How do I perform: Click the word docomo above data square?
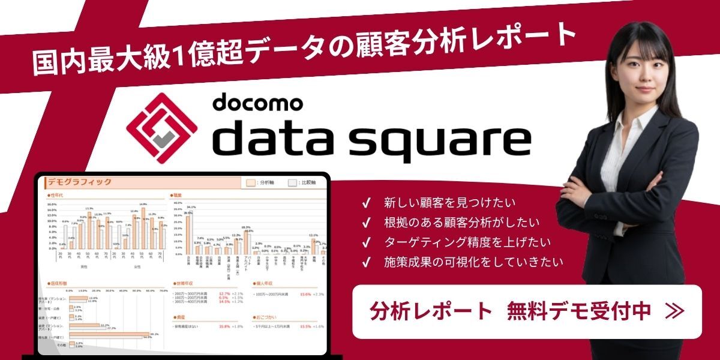256,102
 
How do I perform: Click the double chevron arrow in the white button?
674,311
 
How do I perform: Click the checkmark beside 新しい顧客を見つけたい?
365,203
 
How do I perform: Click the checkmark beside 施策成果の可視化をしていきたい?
365,262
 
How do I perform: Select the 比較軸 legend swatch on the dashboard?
292,183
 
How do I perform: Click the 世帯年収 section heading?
183,283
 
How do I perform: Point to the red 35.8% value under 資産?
224,326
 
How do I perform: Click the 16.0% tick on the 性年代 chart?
52,204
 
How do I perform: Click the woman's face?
638,66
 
